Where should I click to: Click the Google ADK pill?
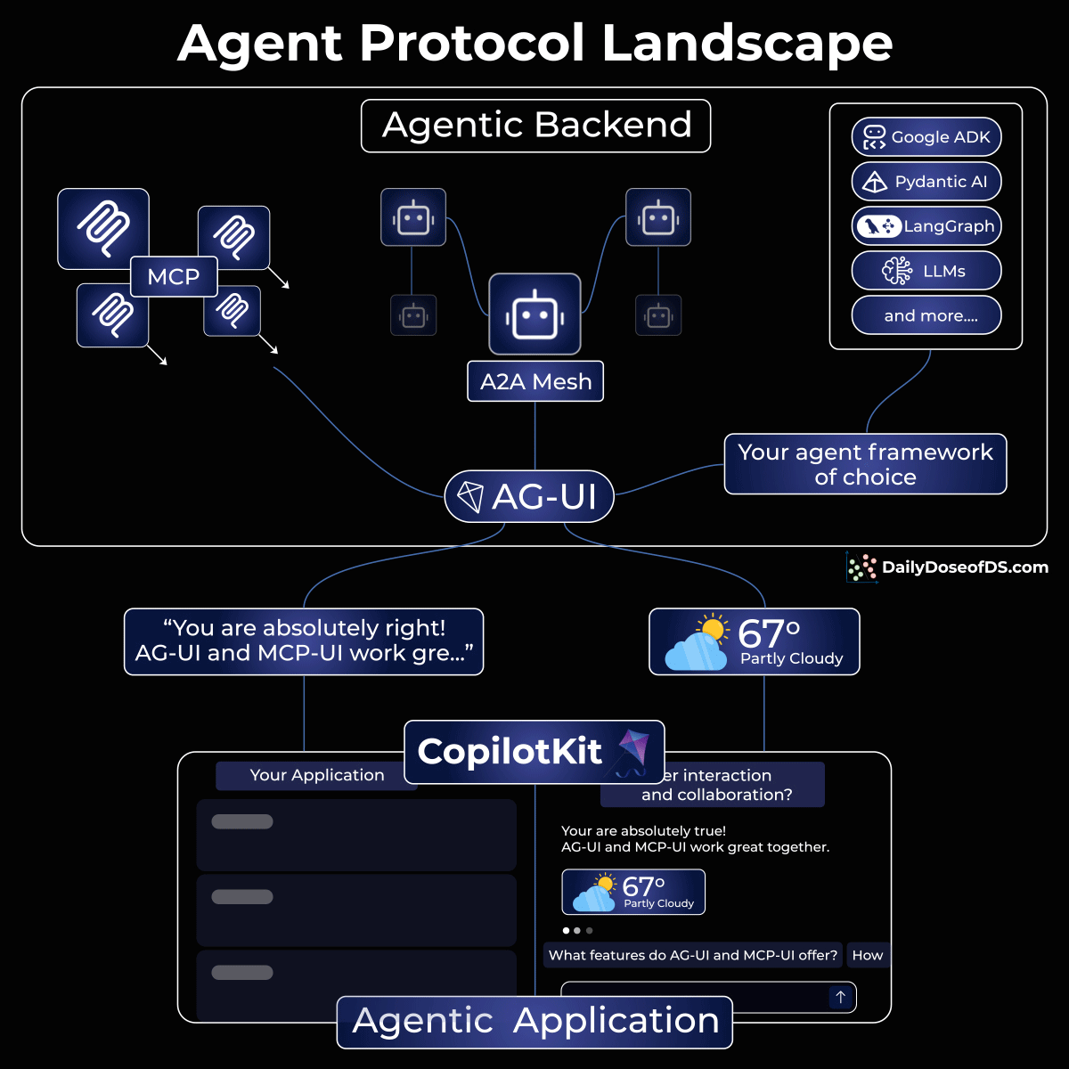926,137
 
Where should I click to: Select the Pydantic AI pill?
926,182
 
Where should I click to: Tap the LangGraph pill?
926,226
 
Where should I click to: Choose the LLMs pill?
926,271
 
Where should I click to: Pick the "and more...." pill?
926,315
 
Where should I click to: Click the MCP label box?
174,277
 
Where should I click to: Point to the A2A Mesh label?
535,381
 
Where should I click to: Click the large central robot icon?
534,314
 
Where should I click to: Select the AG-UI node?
529,497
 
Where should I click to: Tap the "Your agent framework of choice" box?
865,464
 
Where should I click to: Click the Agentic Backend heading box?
536,126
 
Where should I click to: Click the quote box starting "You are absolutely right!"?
304,641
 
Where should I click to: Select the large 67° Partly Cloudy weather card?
755,641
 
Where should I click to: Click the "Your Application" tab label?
317,775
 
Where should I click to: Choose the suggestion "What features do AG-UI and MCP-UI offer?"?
693,955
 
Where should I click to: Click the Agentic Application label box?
534,1021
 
